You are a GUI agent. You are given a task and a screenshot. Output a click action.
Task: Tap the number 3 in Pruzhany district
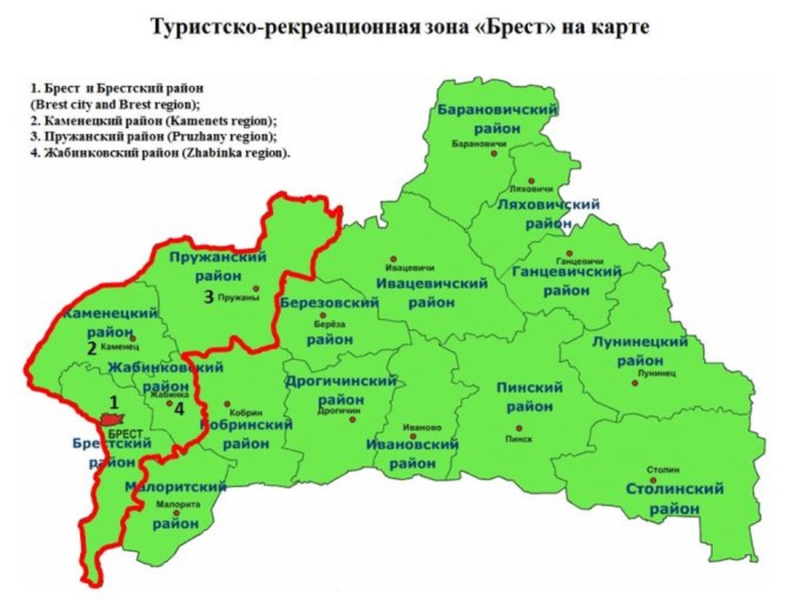[208, 297]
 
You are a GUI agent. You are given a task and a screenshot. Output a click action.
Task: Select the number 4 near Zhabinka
[179, 410]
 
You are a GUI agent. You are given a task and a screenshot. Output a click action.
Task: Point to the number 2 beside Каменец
[92, 348]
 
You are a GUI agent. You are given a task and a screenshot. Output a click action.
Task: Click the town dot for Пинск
[518, 428]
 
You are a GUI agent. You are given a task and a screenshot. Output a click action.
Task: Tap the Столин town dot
[654, 480]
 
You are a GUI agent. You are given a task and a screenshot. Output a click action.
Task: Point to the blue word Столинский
[674, 489]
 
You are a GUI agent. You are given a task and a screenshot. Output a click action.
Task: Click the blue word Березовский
[329, 303]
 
